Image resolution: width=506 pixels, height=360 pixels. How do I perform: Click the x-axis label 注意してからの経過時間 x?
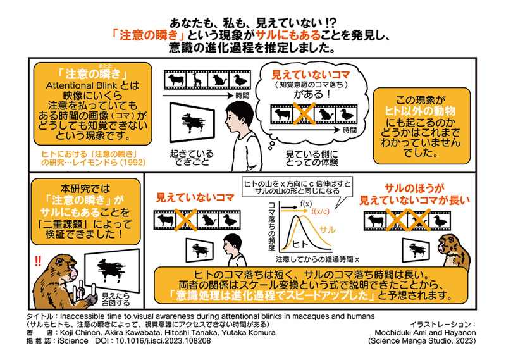point(312,259)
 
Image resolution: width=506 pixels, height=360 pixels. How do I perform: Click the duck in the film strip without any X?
point(238,80)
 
